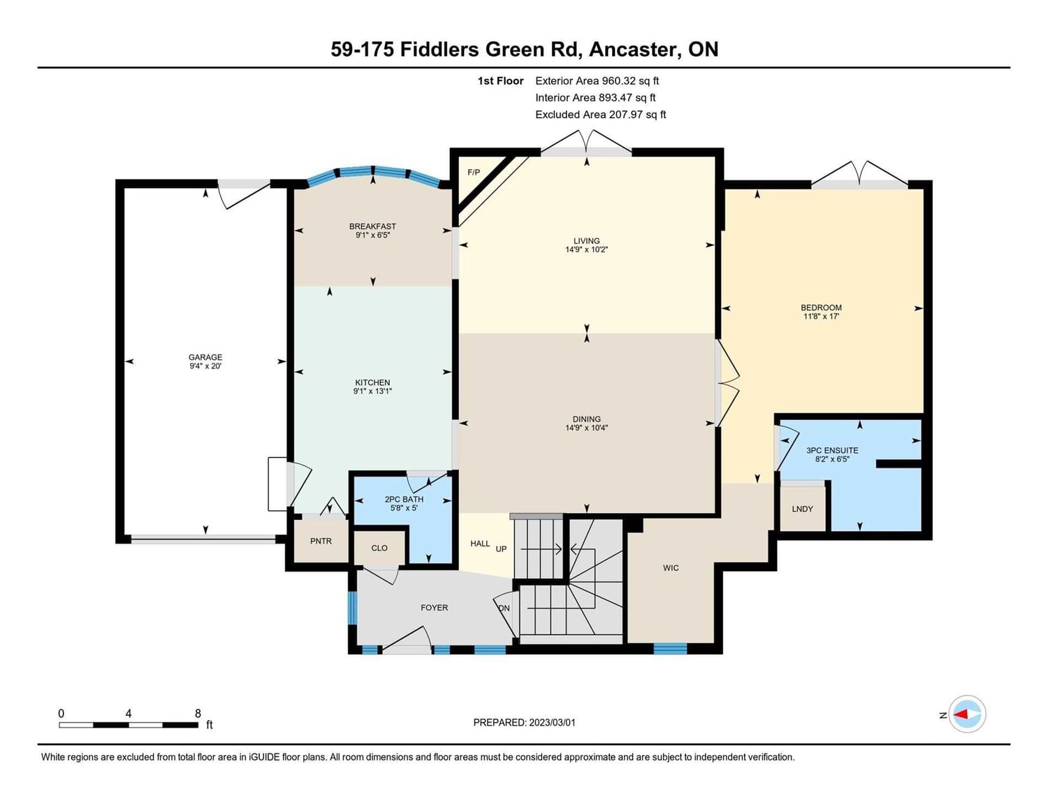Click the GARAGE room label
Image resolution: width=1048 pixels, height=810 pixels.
(205, 357)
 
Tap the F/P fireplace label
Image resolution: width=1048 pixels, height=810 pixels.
(474, 172)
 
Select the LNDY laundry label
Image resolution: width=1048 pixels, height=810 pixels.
(802, 509)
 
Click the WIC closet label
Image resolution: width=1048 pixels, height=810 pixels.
(671, 567)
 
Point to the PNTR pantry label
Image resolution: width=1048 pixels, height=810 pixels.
(321, 542)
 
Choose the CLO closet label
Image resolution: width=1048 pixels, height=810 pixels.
(379, 548)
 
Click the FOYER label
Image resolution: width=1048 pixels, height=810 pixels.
(434, 608)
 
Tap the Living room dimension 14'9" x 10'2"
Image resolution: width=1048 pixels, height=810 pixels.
(586, 250)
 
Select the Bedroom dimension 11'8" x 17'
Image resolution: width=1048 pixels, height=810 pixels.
(822, 317)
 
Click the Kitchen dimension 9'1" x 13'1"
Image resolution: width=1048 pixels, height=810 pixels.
(372, 391)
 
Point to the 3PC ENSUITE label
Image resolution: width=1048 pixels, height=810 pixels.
(832, 451)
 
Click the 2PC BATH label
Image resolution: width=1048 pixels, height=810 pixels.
(404, 499)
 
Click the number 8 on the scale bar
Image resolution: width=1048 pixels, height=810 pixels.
(198, 713)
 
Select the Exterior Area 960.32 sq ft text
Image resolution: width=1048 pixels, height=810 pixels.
(597, 81)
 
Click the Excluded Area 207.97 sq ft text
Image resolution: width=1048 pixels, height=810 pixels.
(600, 115)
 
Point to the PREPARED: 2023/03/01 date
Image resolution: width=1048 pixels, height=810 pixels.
(524, 723)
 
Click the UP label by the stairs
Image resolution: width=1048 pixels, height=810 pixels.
(501, 549)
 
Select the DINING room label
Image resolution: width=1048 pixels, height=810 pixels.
(586, 419)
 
